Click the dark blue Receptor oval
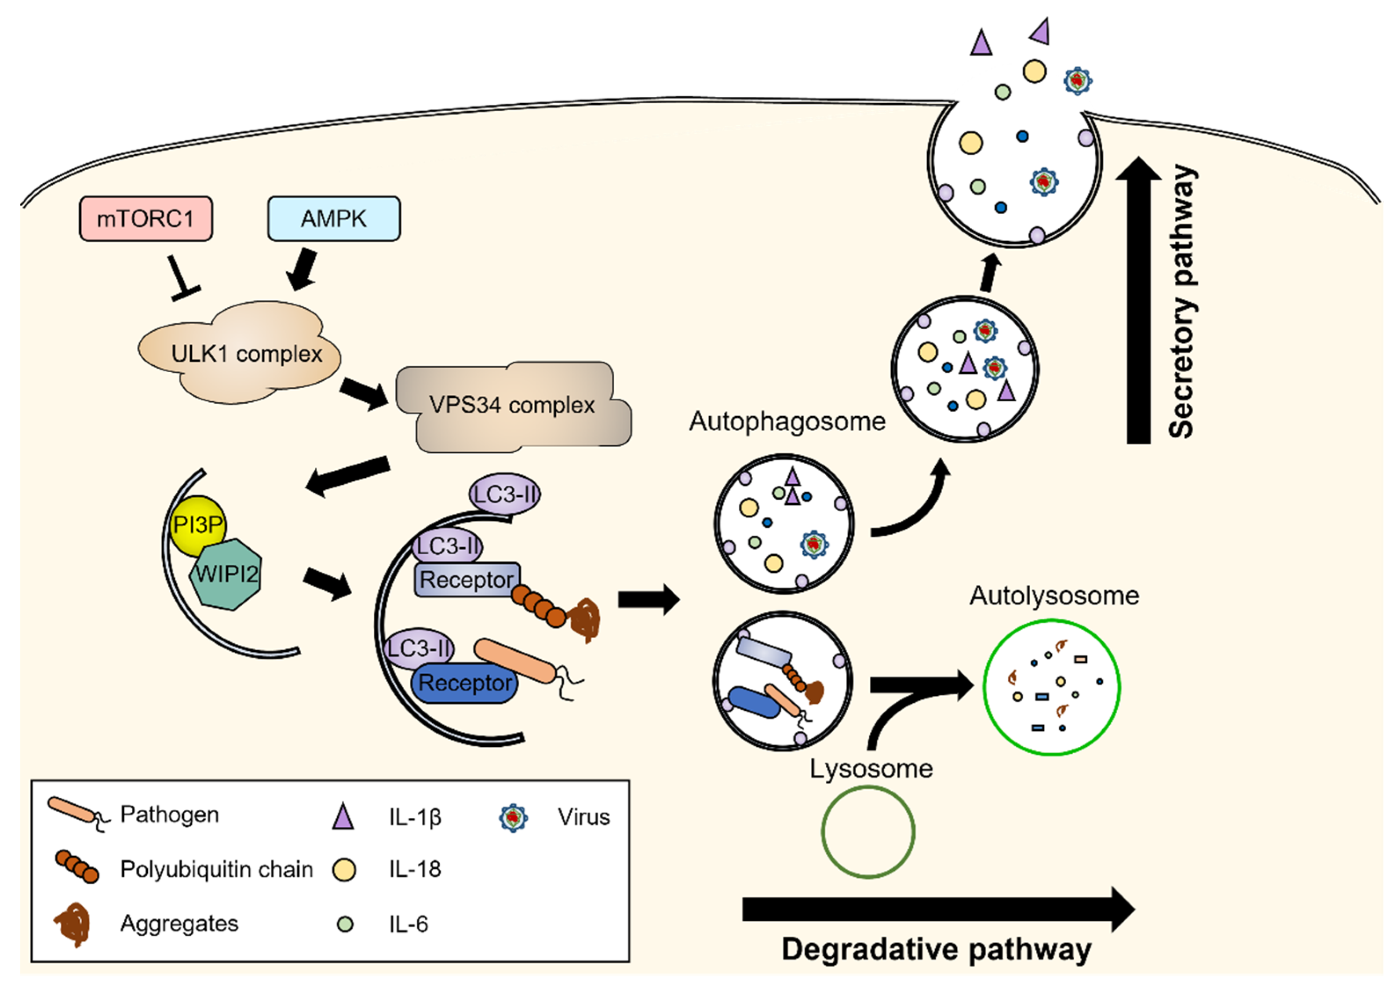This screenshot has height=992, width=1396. click(465, 683)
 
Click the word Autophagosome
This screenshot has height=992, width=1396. click(787, 422)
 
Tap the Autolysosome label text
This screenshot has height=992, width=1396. click(1054, 596)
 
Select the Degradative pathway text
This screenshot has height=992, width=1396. click(936, 950)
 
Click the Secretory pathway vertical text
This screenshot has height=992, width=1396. click(1182, 302)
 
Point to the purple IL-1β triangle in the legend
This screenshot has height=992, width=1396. click(343, 817)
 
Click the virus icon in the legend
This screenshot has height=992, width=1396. click(513, 818)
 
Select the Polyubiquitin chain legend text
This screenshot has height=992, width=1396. click(216, 869)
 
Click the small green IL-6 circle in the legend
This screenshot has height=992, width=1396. click(345, 924)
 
